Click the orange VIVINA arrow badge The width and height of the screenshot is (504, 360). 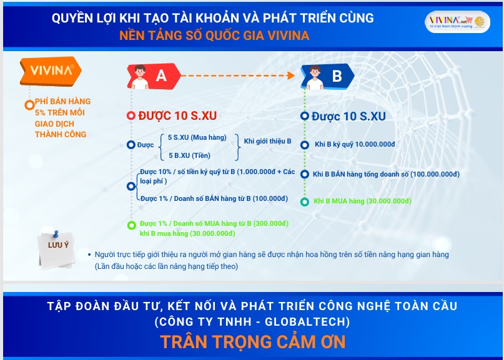click(51, 71)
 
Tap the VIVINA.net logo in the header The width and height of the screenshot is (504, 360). click(457, 22)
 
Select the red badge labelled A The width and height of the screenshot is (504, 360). click(154, 76)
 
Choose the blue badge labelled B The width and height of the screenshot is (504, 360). click(327, 77)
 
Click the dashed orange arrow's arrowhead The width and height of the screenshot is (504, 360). click(291, 75)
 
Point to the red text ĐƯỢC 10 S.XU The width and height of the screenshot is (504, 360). click(177, 115)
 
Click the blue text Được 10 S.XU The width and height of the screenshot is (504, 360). click(348, 116)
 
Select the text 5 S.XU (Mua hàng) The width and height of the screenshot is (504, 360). click(197, 137)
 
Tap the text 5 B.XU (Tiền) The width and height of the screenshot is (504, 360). click(190, 156)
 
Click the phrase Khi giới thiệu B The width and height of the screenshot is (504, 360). click(267, 141)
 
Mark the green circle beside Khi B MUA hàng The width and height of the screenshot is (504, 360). click(305, 202)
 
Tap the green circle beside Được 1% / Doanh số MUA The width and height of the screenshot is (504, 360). click(131, 225)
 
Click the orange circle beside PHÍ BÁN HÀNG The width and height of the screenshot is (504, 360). click(29, 105)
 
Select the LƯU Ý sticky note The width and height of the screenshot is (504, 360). click(57, 250)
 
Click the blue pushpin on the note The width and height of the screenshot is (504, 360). click(56, 234)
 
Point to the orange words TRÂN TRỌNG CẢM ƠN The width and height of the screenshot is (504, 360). click(253, 342)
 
